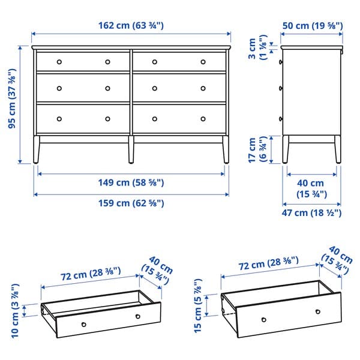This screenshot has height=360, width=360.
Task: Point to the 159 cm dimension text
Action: pos(131,203)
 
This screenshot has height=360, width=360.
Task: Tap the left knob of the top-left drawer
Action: pos(59,62)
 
